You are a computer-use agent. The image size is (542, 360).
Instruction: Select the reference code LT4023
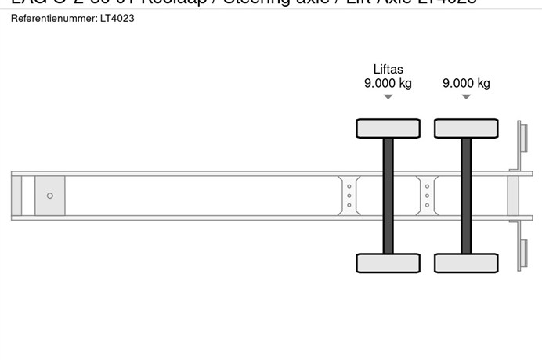pos(117,18)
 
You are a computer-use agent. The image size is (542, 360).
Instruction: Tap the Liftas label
pos(388,70)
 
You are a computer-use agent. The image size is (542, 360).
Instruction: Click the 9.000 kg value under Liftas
pos(388,84)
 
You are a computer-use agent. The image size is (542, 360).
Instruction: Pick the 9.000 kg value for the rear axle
pos(466,84)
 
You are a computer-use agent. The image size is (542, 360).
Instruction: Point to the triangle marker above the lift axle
pos(388,97)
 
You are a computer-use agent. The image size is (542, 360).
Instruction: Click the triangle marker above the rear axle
pos(466,97)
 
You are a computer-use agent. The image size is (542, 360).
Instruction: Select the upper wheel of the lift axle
pos(388,128)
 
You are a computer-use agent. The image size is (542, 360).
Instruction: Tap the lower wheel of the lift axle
pos(388,263)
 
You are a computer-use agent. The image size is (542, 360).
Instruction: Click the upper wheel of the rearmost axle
pos(466,128)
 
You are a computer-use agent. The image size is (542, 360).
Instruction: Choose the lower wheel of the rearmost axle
pos(466,263)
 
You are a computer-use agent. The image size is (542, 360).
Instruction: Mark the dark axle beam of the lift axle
pos(388,196)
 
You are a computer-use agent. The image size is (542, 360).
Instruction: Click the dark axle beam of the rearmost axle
pos(466,196)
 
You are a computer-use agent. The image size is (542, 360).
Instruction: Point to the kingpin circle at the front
pos(50,196)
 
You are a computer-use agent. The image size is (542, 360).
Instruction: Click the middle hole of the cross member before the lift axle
pos(349,196)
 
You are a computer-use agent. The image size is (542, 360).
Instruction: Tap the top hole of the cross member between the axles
pos(427,186)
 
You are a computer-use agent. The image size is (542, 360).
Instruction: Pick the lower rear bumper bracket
pos(519,247)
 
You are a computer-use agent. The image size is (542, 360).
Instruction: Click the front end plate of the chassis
pos(16,196)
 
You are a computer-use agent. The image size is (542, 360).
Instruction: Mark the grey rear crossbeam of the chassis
pos(513,196)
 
